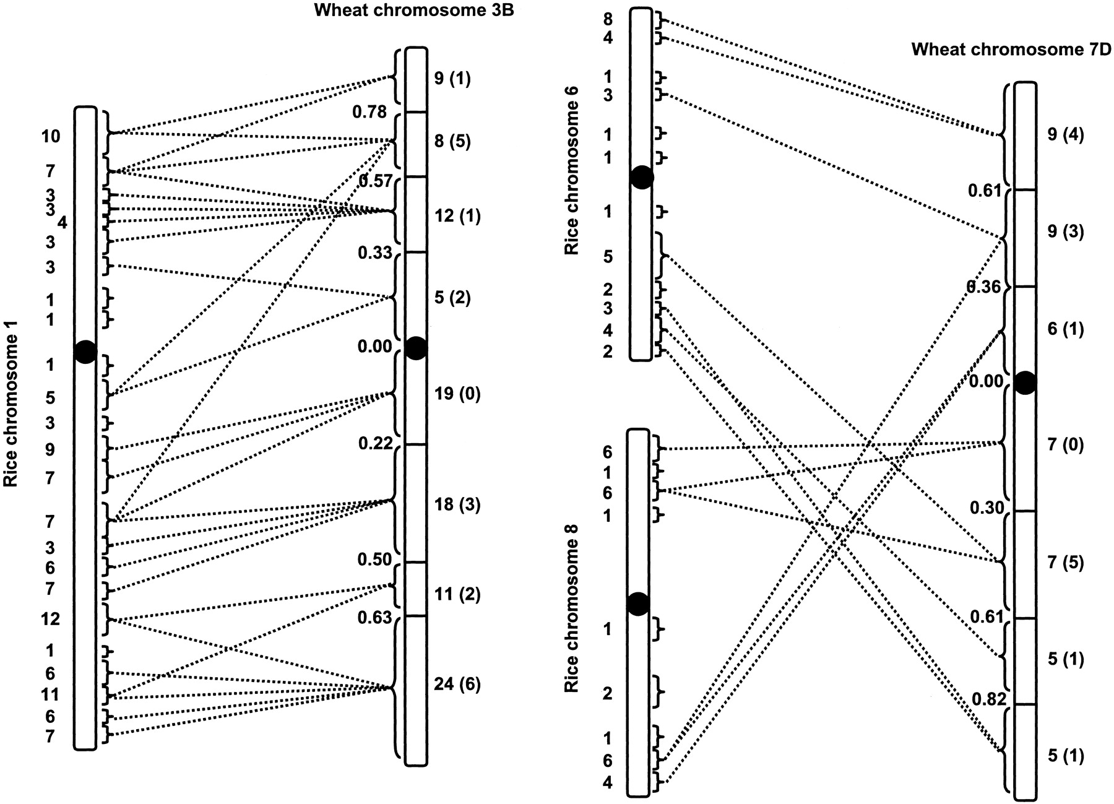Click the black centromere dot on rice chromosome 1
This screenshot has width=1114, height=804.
[85, 352]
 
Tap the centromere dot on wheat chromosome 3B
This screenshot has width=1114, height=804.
[416, 348]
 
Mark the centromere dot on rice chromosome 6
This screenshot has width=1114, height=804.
[642, 178]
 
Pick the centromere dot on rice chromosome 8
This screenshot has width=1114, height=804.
[639, 603]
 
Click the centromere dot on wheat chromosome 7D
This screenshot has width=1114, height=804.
[1025, 383]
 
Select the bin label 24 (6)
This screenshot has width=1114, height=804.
[457, 684]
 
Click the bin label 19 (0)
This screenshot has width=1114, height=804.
[457, 394]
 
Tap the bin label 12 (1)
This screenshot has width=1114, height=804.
[457, 217]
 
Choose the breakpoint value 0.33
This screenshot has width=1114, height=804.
[374, 253]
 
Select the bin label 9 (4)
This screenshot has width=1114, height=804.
[1066, 135]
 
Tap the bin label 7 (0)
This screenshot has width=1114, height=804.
[1066, 444]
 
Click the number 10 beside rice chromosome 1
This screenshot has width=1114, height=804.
[51, 136]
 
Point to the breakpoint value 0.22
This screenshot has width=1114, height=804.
[375, 443]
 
